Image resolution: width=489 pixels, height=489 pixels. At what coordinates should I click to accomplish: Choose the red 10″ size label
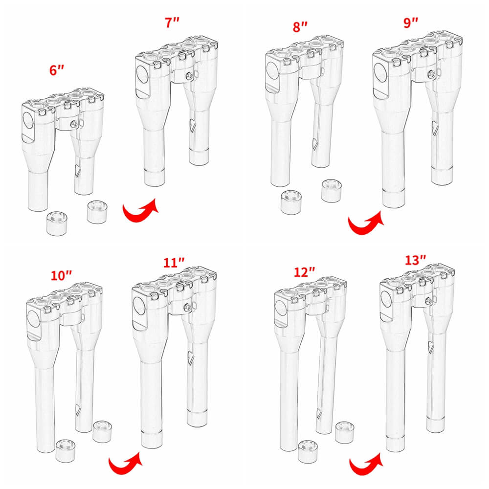pyautogui.click(x=61, y=275)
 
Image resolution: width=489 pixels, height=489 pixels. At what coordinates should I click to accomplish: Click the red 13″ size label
pyautogui.click(x=416, y=260)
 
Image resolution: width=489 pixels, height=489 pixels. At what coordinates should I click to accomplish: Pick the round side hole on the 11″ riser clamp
pyautogui.click(x=138, y=307)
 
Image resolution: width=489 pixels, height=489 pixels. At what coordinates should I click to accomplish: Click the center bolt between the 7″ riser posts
pyautogui.click(x=190, y=76)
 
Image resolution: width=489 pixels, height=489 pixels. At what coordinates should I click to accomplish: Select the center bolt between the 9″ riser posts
pyautogui.click(x=431, y=74)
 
